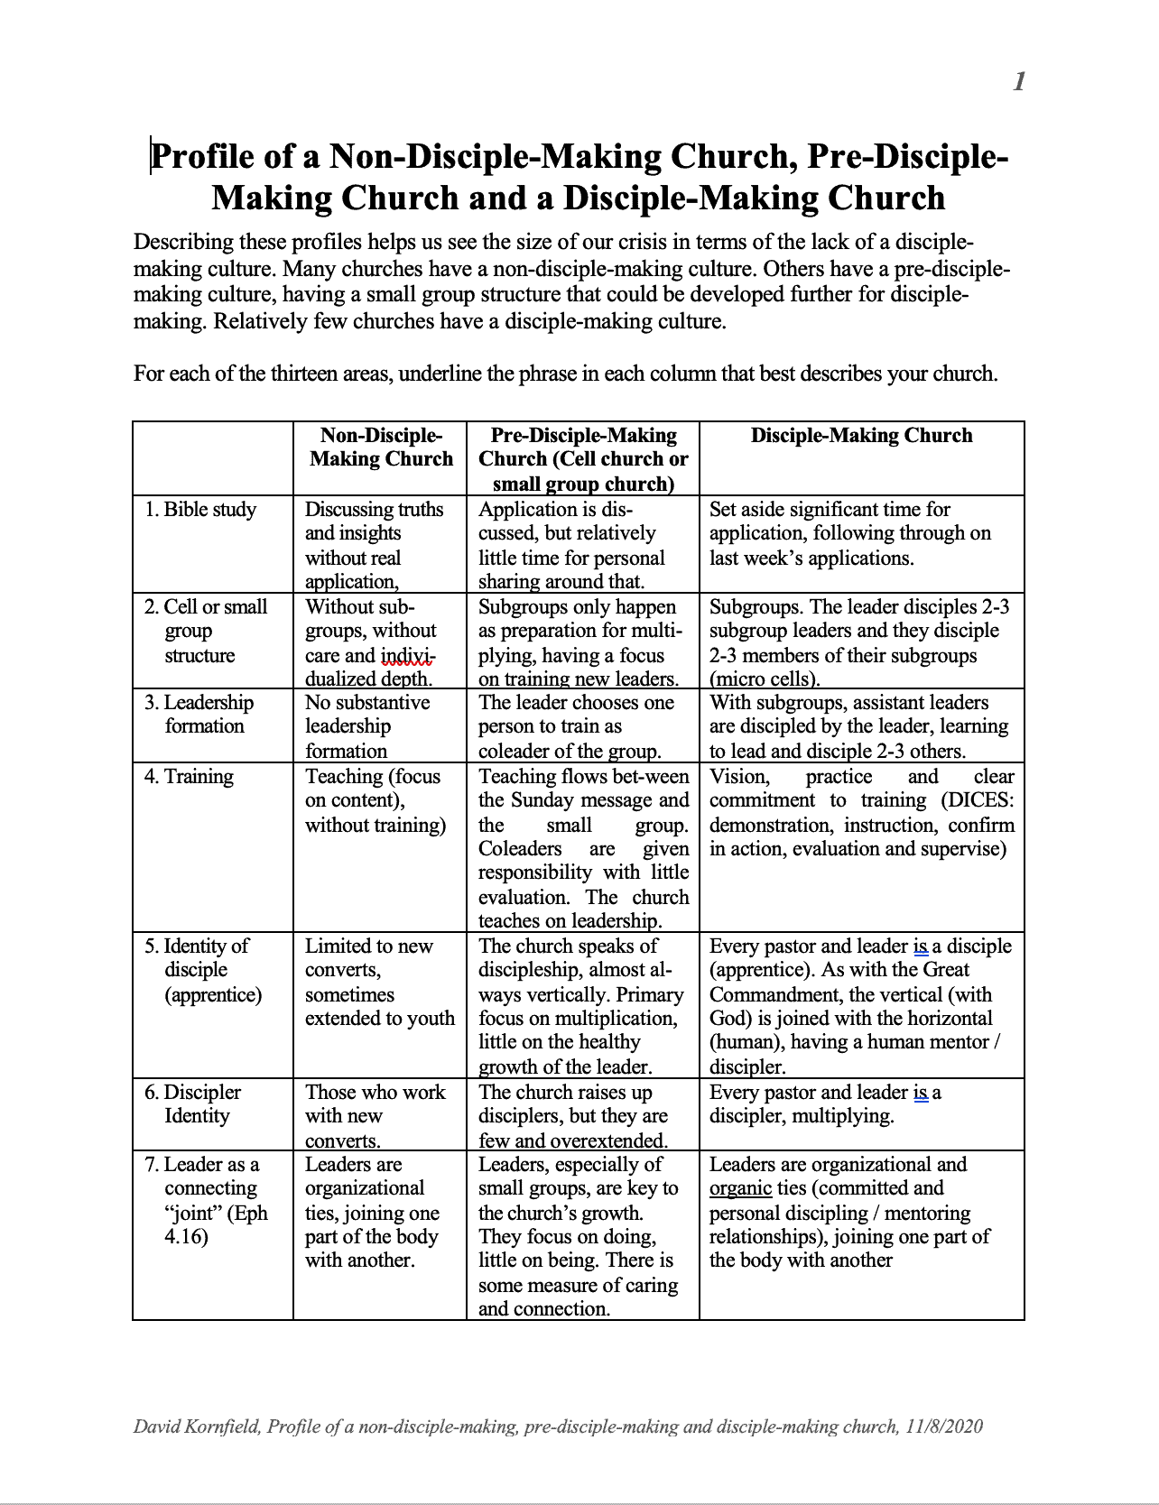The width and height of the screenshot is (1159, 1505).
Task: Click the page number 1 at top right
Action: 1019,82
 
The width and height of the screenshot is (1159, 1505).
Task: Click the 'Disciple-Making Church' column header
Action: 861,436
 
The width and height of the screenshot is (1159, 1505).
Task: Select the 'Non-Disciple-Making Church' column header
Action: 381,447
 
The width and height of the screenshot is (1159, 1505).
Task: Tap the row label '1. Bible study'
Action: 200,510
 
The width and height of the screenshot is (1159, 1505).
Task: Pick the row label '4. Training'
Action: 189,777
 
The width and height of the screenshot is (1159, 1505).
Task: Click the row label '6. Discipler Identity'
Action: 192,1103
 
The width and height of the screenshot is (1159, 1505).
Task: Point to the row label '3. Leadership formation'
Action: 199,714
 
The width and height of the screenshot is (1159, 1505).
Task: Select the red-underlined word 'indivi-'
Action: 408,656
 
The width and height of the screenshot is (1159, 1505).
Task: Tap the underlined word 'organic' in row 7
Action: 740,1188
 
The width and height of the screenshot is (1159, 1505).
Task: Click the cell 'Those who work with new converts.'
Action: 376,1115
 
